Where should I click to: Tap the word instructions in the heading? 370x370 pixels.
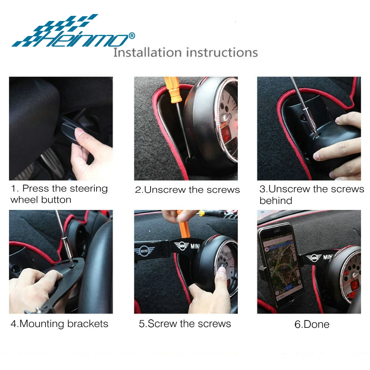222,52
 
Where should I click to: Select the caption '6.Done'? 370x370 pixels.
312,324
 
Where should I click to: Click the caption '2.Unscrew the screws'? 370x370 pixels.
187,190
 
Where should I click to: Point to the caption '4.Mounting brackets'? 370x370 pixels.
59,324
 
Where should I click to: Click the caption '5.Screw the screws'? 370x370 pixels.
185,324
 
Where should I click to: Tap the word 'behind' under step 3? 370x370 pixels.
276,201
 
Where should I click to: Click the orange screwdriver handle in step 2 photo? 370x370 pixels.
172,90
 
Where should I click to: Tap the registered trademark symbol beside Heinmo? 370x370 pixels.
131,36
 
